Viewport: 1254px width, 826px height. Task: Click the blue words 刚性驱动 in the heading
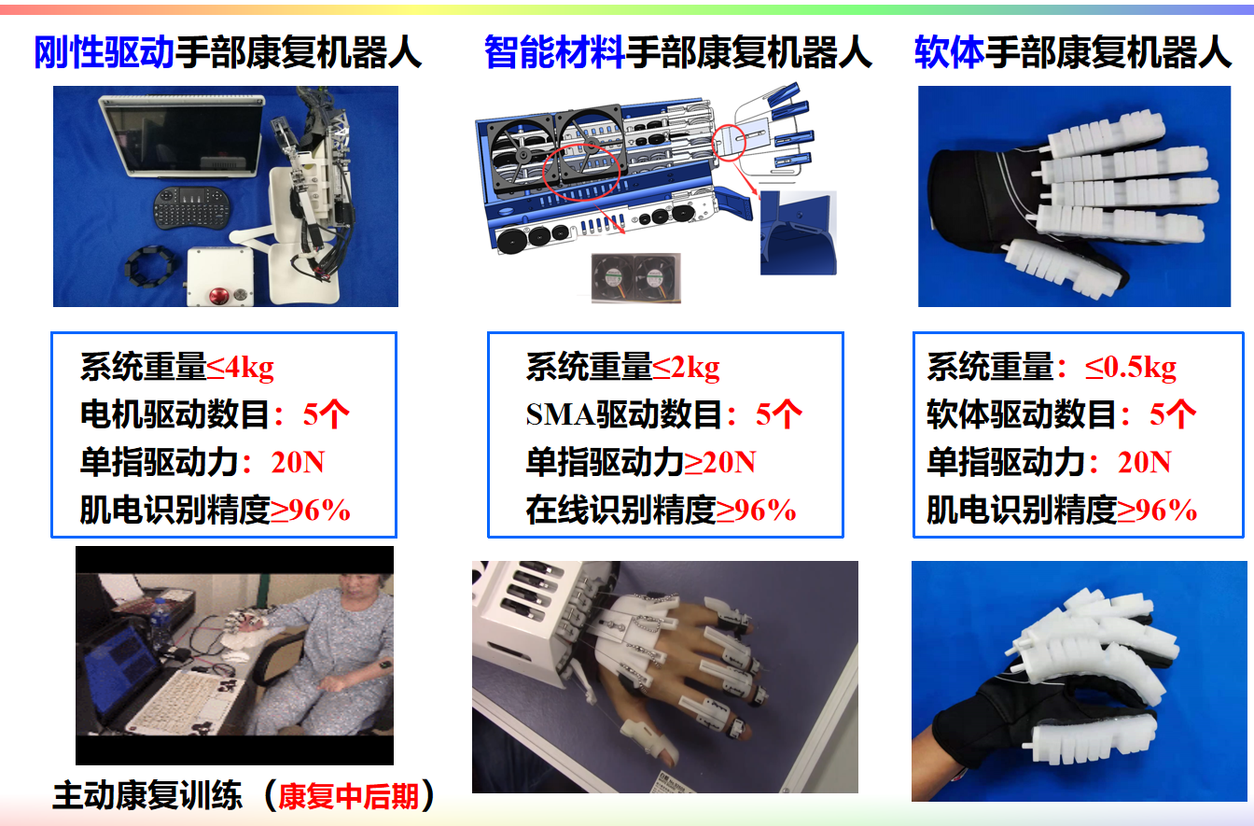pyautogui.click(x=104, y=52)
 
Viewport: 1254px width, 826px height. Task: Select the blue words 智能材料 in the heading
pyautogui.click(x=554, y=52)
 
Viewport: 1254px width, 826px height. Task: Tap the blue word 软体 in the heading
pyautogui.click(x=949, y=52)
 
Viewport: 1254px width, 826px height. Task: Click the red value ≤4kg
pyautogui.click(x=240, y=368)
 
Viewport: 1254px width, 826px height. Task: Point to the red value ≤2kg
pyautogui.click(x=686, y=368)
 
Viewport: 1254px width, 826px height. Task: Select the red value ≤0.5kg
pyautogui.click(x=1131, y=368)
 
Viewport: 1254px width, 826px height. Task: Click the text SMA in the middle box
pyautogui.click(x=560, y=415)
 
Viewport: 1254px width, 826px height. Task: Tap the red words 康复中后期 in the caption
pyautogui.click(x=348, y=796)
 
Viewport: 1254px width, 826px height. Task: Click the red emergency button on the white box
pyautogui.click(x=218, y=295)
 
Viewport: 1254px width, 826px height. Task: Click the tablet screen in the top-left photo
pyautogui.click(x=184, y=138)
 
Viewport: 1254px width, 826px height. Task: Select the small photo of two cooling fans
pyautogui.click(x=636, y=278)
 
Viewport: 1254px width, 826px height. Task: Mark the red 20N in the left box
pyautogui.click(x=298, y=463)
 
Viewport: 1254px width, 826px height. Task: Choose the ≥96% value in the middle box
pyautogui.click(x=757, y=511)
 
